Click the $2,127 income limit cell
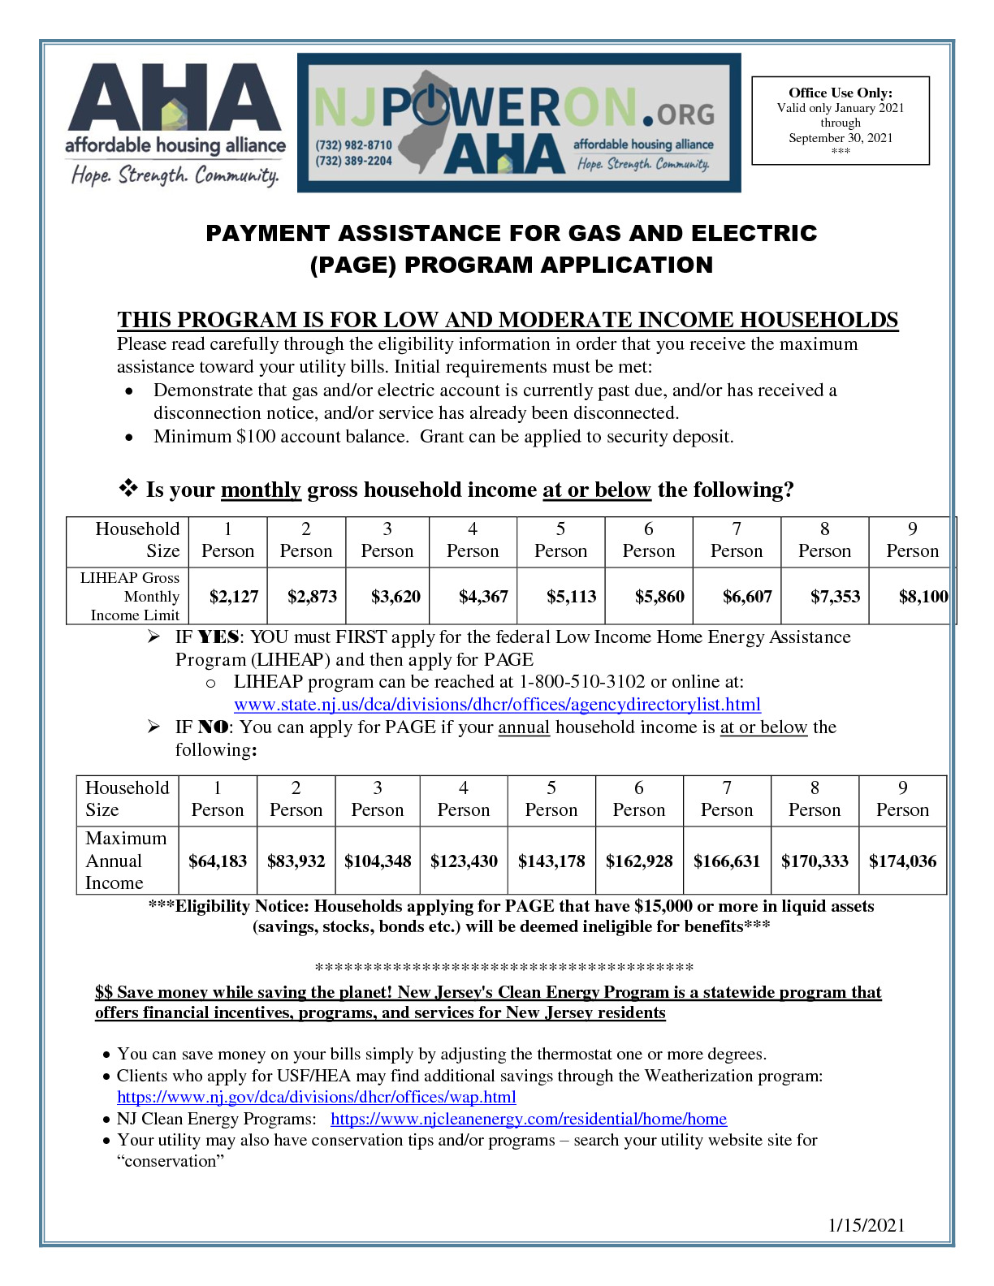click(234, 597)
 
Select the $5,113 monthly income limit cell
click(571, 597)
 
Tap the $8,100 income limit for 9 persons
click(923, 597)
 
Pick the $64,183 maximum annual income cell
click(218, 861)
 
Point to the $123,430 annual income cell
click(464, 861)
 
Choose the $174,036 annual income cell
click(902, 861)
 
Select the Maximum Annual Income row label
click(125, 861)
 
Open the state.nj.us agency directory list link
click(497, 705)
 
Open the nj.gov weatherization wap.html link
click(316, 1098)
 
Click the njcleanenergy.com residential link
click(529, 1120)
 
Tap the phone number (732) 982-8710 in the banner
click(354, 145)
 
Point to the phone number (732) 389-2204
click(354, 161)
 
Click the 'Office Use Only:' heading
click(841, 93)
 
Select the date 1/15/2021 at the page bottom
click(867, 1226)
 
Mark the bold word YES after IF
click(218, 637)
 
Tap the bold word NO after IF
click(214, 727)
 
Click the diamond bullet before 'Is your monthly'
click(128, 489)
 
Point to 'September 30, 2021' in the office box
click(841, 138)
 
